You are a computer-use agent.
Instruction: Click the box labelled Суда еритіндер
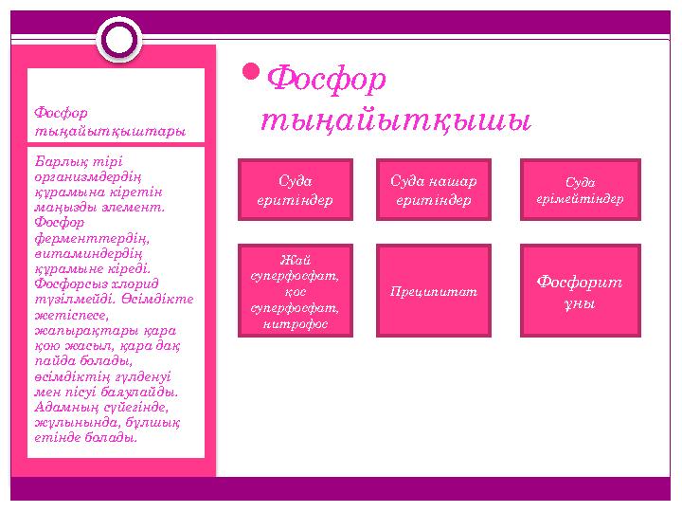pyautogui.click(x=295, y=191)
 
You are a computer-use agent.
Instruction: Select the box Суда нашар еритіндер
pyautogui.click(x=433, y=191)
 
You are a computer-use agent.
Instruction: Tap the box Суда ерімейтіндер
pyautogui.click(x=580, y=191)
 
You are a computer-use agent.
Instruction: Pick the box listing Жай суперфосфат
pyautogui.click(x=295, y=291)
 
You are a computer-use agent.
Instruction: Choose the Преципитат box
pyautogui.click(x=433, y=291)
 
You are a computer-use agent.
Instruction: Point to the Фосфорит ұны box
pyautogui.click(x=580, y=291)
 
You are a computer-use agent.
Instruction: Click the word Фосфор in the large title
pyautogui.click(x=327, y=81)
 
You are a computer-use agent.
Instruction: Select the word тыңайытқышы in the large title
pyautogui.click(x=395, y=121)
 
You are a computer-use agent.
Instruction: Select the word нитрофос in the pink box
pyautogui.click(x=295, y=323)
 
